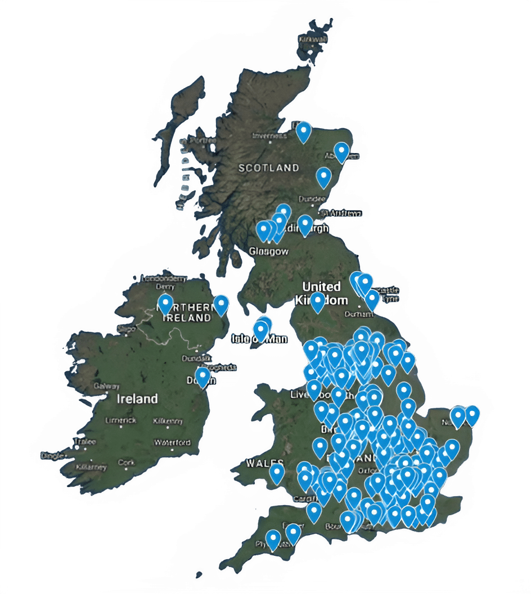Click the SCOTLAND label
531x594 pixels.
click(x=268, y=168)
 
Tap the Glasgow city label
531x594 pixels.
click(x=268, y=251)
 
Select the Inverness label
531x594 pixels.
click(x=267, y=136)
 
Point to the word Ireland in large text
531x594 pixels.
click(x=137, y=399)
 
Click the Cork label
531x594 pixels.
click(x=126, y=462)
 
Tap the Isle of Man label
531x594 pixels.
click(x=260, y=339)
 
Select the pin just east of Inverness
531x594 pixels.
click(x=304, y=132)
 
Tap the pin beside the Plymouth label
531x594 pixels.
click(x=273, y=539)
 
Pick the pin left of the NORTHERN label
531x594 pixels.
click(x=165, y=304)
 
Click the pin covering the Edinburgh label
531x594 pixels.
click(x=305, y=224)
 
